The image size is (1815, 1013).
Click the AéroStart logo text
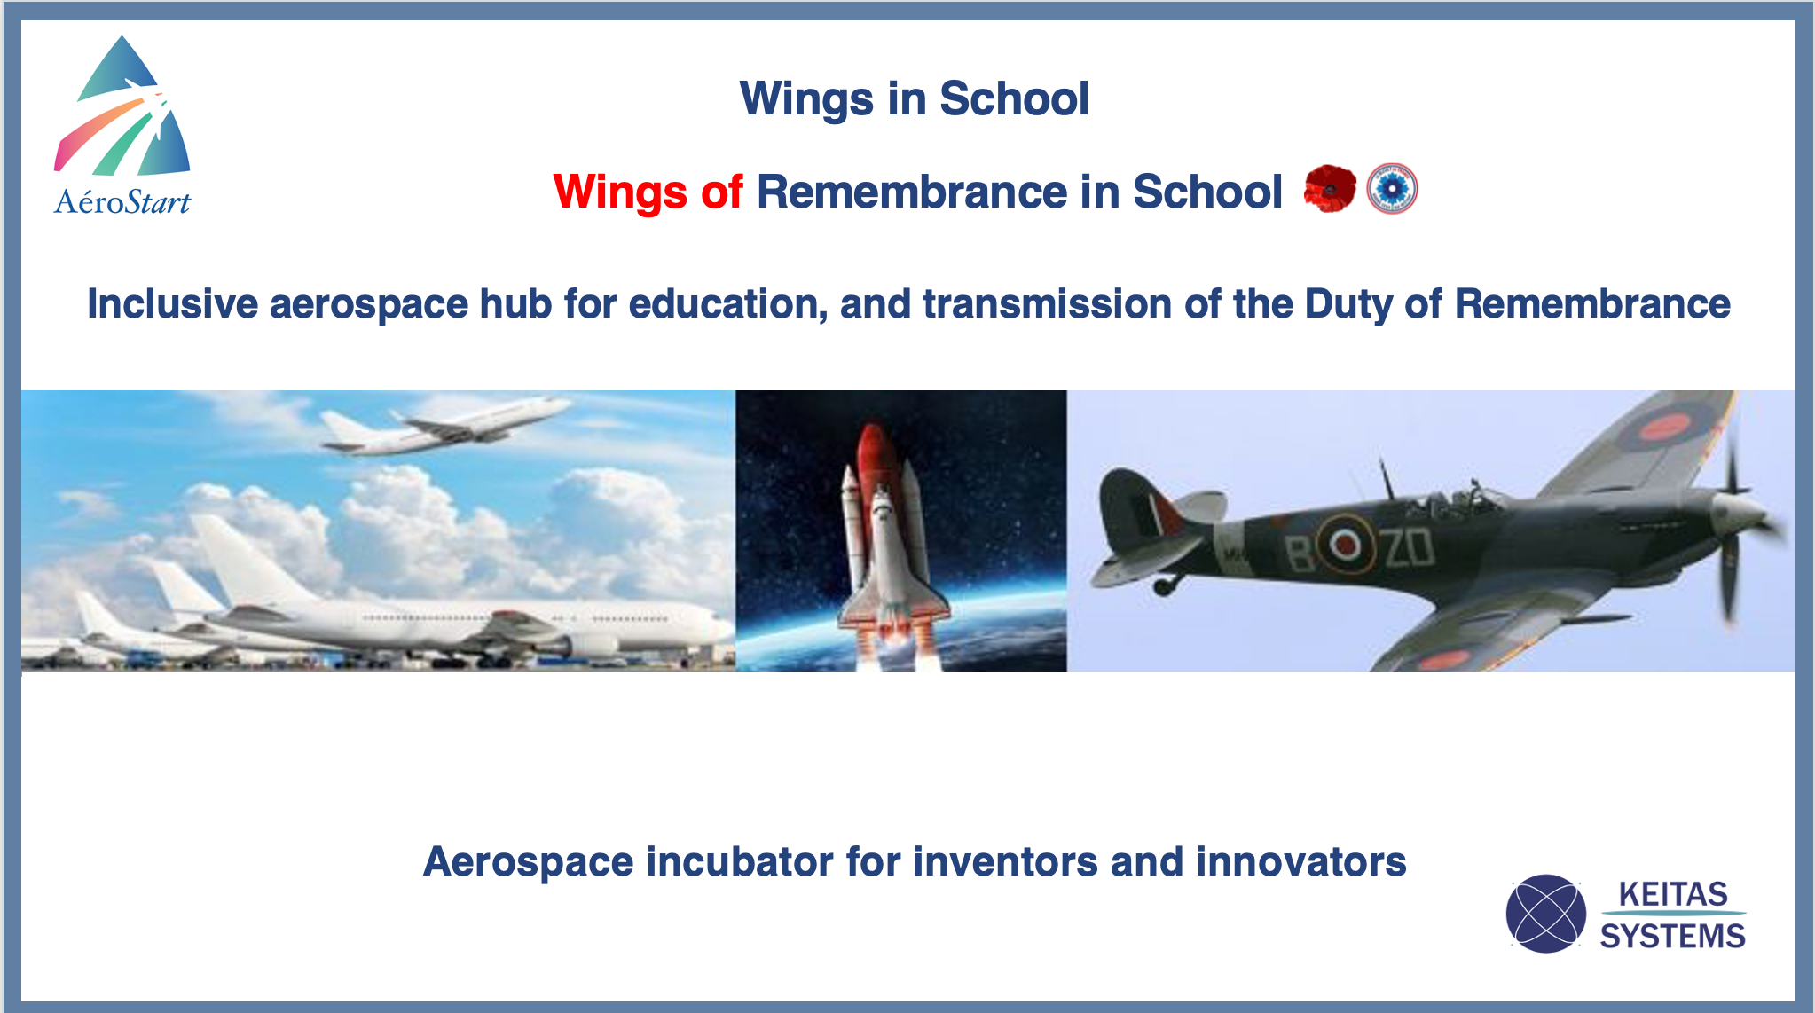click(122, 202)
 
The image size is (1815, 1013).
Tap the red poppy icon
click(1330, 189)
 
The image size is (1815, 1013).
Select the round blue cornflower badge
click(1392, 189)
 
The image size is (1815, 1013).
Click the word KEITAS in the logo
click(1673, 893)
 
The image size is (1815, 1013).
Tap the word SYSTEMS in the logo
click(1672, 936)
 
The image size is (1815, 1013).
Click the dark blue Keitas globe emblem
click(1545, 914)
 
